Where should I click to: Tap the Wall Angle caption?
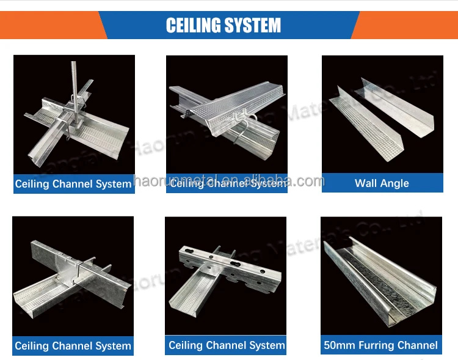tap(382, 183)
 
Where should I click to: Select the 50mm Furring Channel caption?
tap(382, 345)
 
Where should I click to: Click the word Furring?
tap(379, 345)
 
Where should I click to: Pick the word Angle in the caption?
tap(395, 183)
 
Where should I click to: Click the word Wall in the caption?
tap(366, 183)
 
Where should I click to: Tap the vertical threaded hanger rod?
tap(74, 79)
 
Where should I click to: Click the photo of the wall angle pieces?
tap(382, 116)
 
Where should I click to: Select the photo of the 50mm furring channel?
tap(382, 275)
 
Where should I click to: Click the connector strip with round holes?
tap(229, 263)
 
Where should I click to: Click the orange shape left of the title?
tap(49, 25)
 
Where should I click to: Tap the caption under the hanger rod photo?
tap(74, 183)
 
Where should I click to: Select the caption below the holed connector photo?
tap(227, 345)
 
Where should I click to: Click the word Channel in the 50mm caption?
tap(418, 345)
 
